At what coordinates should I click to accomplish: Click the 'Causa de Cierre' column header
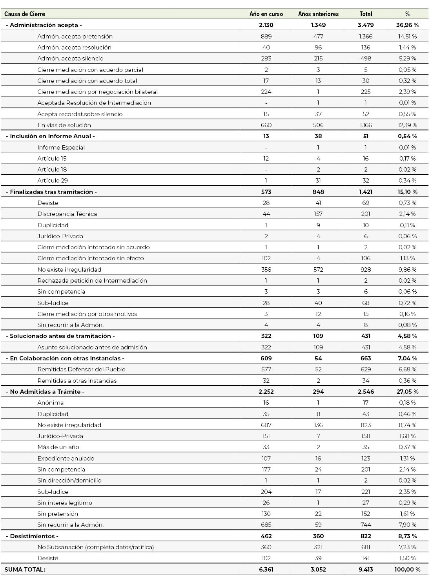pyautogui.click(x=25, y=14)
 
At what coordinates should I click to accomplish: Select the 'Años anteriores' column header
pyautogui.click(x=318, y=14)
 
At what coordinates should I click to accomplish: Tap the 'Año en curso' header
pyautogui.click(x=266, y=14)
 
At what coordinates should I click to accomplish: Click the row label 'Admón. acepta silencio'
pyautogui.click(x=70, y=58)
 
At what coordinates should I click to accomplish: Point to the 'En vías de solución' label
pyautogui.click(x=64, y=125)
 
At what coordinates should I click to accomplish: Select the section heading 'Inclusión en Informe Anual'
pyautogui.click(x=50, y=136)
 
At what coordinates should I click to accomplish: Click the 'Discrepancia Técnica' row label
pyautogui.click(x=67, y=214)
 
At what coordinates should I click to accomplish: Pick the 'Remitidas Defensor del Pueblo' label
pyautogui.click(x=81, y=369)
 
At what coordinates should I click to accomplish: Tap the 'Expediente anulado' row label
pyautogui.click(x=66, y=459)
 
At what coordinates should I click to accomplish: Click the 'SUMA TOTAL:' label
pyautogui.click(x=25, y=570)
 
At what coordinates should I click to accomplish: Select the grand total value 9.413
pyautogui.click(x=366, y=570)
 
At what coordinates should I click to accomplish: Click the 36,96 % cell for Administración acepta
pyautogui.click(x=407, y=25)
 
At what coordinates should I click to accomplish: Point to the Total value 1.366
pyautogui.click(x=366, y=37)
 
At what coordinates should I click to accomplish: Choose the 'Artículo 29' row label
pyautogui.click(x=53, y=181)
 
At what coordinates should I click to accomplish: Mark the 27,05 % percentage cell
pyautogui.click(x=407, y=392)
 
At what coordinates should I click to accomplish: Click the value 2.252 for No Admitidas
pyautogui.click(x=266, y=392)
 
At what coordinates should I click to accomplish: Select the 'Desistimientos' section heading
pyautogui.click(x=32, y=536)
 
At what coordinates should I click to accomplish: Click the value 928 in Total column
pyautogui.click(x=366, y=270)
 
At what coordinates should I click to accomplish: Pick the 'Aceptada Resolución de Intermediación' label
pyautogui.click(x=94, y=103)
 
